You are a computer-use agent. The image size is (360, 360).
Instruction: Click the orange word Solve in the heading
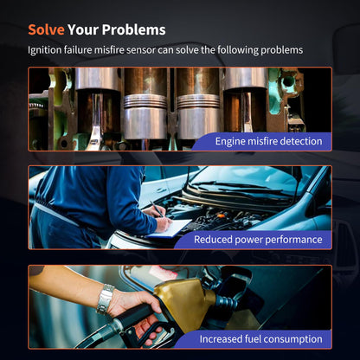click(46, 29)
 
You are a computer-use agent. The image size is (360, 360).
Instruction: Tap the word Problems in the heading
click(133, 29)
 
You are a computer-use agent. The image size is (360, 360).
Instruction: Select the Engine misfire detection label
click(268, 141)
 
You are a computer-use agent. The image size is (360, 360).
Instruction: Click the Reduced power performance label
click(258, 240)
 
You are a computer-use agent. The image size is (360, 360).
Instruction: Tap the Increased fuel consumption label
click(260, 339)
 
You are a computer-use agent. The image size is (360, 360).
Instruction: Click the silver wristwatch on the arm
click(106, 299)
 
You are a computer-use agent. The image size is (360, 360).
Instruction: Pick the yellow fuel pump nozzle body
click(184, 303)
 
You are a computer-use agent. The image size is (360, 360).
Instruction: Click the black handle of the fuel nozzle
click(135, 316)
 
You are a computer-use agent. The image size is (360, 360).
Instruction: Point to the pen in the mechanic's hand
click(157, 209)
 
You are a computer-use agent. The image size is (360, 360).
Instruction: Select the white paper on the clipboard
click(172, 228)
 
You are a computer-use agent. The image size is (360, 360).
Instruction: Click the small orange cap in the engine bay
click(221, 215)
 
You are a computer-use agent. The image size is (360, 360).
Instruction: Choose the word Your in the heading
click(83, 29)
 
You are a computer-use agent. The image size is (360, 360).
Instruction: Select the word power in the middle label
click(248, 240)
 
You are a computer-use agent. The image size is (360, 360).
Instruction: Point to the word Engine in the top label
click(230, 142)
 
